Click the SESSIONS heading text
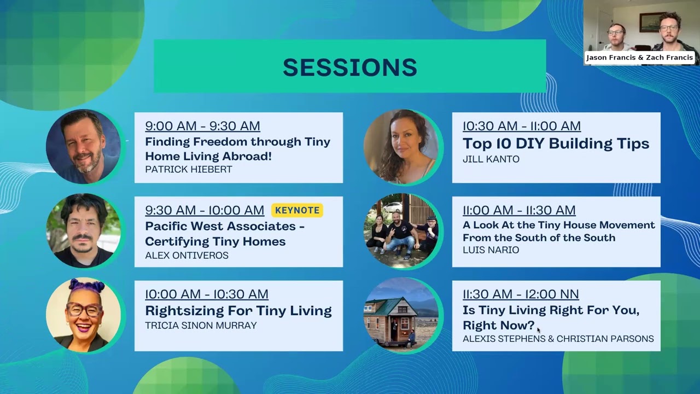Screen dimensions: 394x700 [349, 67]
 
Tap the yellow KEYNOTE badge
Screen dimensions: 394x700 [297, 210]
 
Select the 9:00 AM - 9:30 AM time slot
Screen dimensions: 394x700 [202, 126]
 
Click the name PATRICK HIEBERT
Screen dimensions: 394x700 [188, 170]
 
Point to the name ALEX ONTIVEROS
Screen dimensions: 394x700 [186, 256]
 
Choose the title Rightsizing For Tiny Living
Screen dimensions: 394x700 [238, 311]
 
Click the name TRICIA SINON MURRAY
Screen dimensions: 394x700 [201, 326]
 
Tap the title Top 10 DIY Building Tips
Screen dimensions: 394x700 [556, 143]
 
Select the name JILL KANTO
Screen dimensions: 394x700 [491, 159]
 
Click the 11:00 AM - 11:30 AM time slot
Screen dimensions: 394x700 [519, 210]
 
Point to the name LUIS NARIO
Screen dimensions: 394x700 [491, 250]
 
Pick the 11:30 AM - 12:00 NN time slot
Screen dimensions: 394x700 [521, 294]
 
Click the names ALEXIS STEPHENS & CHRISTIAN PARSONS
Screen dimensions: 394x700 [558, 339]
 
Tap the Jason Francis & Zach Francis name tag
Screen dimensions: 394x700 [639, 57]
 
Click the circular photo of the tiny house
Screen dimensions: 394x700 [401, 314]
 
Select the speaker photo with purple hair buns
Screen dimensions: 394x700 [84, 314]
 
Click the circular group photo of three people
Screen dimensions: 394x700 [401, 230]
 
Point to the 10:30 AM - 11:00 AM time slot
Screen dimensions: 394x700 [521, 126]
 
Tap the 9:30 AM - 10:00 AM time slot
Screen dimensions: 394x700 [205, 210]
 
